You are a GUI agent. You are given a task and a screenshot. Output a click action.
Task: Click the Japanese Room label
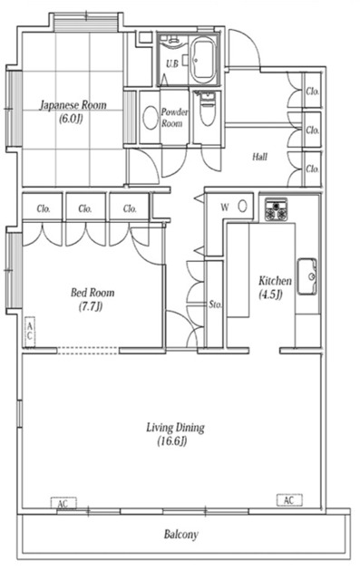point(73,111)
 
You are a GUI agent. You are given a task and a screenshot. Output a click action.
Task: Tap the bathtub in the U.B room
point(203,60)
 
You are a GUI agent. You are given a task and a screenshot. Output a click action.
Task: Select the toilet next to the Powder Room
point(208,110)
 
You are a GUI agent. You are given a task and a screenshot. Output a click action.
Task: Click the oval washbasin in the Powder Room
point(151,118)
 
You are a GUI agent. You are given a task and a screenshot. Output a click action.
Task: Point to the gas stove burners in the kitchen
point(276,209)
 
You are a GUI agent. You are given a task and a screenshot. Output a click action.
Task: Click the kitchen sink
point(307,276)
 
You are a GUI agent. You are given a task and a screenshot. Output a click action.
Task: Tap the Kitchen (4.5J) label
point(275,287)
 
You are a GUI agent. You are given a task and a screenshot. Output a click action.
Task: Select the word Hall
point(259,157)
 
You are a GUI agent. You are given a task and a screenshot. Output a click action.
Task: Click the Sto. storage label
point(215,304)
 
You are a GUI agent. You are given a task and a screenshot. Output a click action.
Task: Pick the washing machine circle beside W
point(243,206)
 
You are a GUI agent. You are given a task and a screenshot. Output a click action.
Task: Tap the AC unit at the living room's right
point(289,500)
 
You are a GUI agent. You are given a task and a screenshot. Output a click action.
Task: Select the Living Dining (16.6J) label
point(175,434)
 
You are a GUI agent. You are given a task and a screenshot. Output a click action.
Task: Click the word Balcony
point(181,534)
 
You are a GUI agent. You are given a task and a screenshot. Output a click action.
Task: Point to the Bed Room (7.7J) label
point(92,299)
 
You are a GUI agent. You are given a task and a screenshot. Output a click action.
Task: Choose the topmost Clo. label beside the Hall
point(312,91)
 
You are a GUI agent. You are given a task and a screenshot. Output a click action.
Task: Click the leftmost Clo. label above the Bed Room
point(44,208)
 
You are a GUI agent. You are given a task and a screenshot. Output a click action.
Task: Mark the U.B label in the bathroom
point(172,64)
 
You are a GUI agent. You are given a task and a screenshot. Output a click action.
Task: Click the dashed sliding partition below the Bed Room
point(88,351)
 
